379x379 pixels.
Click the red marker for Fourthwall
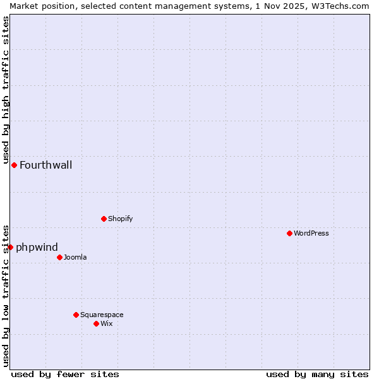[14, 165]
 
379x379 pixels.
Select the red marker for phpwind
[10, 247]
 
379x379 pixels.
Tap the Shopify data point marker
[104, 219]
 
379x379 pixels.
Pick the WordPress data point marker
[289, 233]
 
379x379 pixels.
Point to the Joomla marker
[59, 257]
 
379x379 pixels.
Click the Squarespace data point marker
[76, 315]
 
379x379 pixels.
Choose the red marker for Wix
[96, 323]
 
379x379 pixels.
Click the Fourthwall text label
[45, 165]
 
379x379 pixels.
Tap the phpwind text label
[37, 247]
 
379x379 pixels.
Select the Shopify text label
[120, 219]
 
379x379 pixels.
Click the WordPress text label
[311, 233]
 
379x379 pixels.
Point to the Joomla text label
[75, 257]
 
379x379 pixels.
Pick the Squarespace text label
[102, 315]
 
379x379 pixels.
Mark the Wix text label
[106, 323]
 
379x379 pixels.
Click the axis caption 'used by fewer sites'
[65, 374]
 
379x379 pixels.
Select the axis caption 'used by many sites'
[317, 374]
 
